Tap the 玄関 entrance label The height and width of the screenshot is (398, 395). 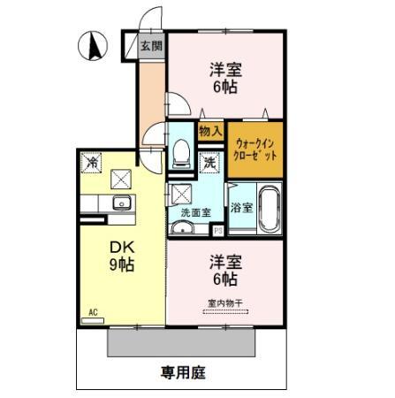point(151,46)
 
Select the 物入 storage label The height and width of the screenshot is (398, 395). point(209,131)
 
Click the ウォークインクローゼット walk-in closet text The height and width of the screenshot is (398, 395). point(254,147)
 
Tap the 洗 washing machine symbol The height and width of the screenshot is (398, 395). point(209,162)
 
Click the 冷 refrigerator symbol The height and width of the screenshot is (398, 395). point(91,163)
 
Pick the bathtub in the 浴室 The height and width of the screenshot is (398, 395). point(268,208)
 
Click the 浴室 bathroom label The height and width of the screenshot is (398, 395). point(241,209)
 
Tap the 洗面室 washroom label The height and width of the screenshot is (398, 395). point(195,212)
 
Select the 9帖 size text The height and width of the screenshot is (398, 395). point(120,264)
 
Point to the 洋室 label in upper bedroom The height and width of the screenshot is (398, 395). point(225,69)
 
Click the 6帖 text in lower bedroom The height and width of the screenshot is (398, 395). point(224,279)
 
